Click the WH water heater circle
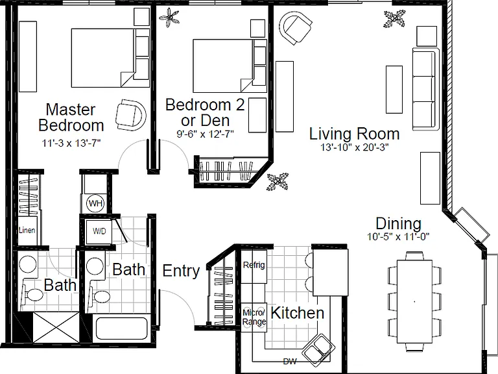95,203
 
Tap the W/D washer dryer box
99,231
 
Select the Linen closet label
27,230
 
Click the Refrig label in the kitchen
254,265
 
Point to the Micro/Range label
254,317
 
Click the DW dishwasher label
290,361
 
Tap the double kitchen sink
318,351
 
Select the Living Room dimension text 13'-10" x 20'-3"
355,147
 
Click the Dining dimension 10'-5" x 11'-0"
398,236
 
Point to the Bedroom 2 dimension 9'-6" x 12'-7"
205,134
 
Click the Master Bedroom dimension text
71,143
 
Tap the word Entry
181,271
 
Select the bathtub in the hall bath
122,327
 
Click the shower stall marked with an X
56,327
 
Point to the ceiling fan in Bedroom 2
169,18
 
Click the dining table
414,301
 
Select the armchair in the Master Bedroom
130,115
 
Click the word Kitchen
297,313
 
